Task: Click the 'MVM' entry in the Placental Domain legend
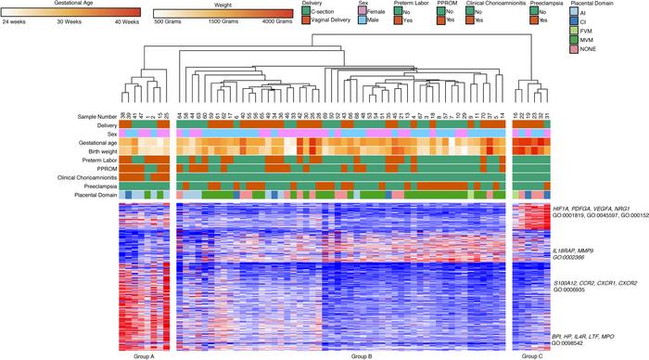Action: coord(588,36)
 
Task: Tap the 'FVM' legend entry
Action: coord(588,28)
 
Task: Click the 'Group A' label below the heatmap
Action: coord(145,355)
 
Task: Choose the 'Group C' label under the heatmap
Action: coord(530,355)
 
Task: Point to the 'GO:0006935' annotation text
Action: coord(572,289)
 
